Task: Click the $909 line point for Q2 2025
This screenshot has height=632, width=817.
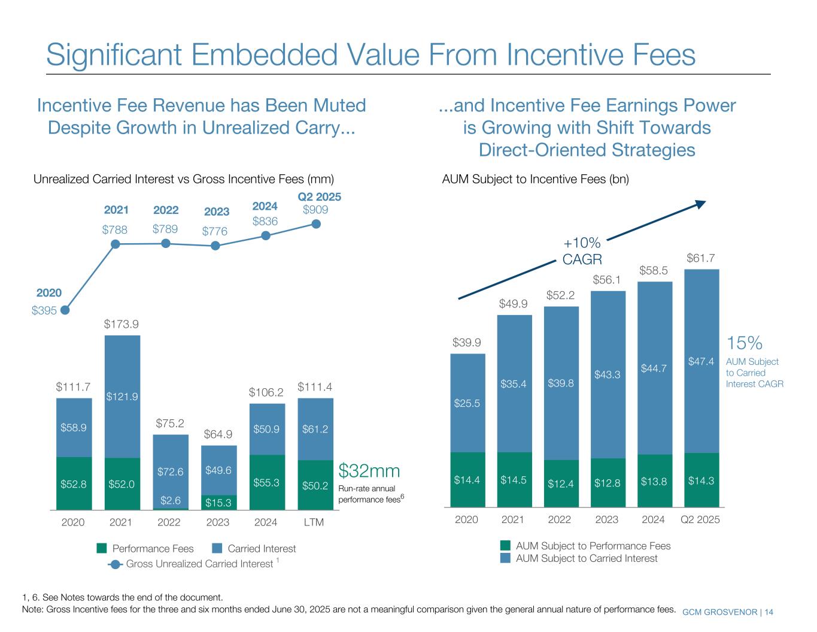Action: (x=317, y=224)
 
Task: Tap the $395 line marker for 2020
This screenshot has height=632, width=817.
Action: (x=65, y=310)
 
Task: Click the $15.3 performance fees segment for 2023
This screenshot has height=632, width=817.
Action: (x=218, y=502)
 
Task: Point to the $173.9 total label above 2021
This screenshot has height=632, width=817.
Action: (x=122, y=325)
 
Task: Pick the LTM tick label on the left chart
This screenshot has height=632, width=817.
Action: (x=314, y=522)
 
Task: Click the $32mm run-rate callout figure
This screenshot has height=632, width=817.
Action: (x=369, y=470)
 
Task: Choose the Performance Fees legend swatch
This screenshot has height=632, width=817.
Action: (x=102, y=548)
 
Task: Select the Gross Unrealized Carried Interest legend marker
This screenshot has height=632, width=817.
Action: (x=117, y=564)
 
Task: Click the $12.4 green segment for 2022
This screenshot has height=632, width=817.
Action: (x=561, y=483)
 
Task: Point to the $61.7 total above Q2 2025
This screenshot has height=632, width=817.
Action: (x=701, y=258)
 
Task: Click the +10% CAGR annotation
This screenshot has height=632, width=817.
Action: (x=582, y=250)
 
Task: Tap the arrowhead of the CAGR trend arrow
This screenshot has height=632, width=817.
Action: (x=701, y=204)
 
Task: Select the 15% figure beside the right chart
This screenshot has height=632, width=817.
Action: (x=744, y=343)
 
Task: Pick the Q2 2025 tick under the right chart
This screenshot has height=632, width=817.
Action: (x=700, y=519)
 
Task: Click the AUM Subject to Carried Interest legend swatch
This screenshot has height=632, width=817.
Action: (x=506, y=558)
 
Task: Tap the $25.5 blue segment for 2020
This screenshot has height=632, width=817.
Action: (x=467, y=403)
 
